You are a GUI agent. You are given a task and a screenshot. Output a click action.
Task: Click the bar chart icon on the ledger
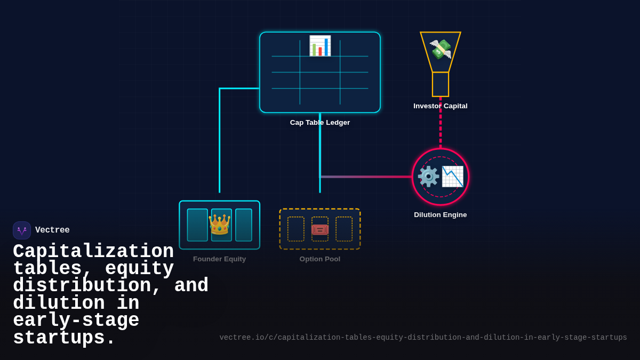(x=320, y=46)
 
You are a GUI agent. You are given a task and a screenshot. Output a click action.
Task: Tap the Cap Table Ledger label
(x=320, y=123)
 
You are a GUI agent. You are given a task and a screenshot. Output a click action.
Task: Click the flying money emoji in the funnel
(x=441, y=49)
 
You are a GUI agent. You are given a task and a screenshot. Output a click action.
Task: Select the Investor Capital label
(x=441, y=106)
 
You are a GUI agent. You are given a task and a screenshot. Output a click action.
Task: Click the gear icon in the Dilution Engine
(x=428, y=177)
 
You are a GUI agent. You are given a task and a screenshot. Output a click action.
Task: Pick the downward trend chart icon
(x=452, y=177)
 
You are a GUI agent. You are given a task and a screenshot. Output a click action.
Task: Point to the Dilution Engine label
(x=441, y=215)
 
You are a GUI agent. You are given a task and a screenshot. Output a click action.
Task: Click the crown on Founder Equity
(x=219, y=225)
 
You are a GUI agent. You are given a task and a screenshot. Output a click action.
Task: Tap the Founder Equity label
(x=219, y=259)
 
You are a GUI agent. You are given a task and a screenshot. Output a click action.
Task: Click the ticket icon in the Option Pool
(x=320, y=229)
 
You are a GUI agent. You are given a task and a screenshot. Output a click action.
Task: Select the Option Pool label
(x=320, y=259)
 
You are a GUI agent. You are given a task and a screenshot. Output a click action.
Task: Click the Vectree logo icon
(x=22, y=230)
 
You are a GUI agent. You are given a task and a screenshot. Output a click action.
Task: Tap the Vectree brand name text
(x=52, y=230)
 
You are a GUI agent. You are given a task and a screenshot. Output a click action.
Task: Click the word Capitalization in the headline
(x=93, y=252)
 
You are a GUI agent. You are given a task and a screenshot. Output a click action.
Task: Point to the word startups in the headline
(x=64, y=338)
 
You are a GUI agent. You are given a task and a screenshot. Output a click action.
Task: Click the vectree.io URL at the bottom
(x=423, y=338)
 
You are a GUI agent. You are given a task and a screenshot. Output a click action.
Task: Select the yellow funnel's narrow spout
(x=441, y=84)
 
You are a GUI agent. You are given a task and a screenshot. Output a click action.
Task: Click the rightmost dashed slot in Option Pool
(x=344, y=229)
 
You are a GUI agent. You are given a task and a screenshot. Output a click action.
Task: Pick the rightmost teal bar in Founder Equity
(x=244, y=225)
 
